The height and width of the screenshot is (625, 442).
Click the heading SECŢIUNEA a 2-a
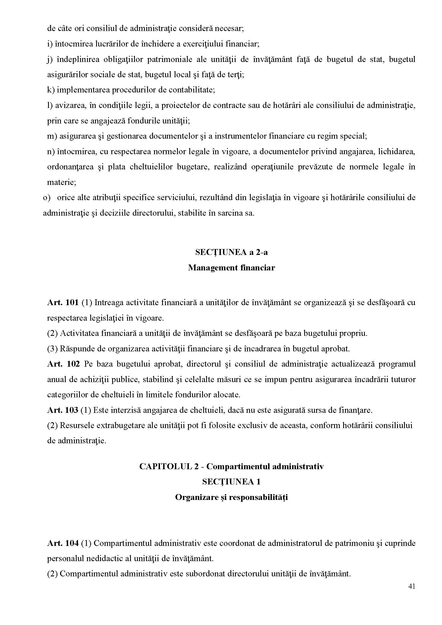click(x=231, y=252)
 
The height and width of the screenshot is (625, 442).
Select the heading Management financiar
click(x=231, y=268)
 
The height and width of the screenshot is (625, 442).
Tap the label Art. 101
click(x=63, y=302)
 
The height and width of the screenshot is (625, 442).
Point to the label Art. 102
click(x=63, y=364)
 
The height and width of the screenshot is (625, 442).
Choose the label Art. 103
click(x=62, y=410)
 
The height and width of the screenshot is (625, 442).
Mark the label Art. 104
click(x=63, y=543)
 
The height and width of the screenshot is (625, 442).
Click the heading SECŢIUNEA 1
click(x=231, y=482)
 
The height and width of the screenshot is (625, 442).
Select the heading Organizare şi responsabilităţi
click(x=231, y=497)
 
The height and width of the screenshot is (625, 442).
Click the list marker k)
click(x=51, y=90)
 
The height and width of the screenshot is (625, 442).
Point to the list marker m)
click(x=52, y=136)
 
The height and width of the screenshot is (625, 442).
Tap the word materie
click(x=61, y=182)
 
